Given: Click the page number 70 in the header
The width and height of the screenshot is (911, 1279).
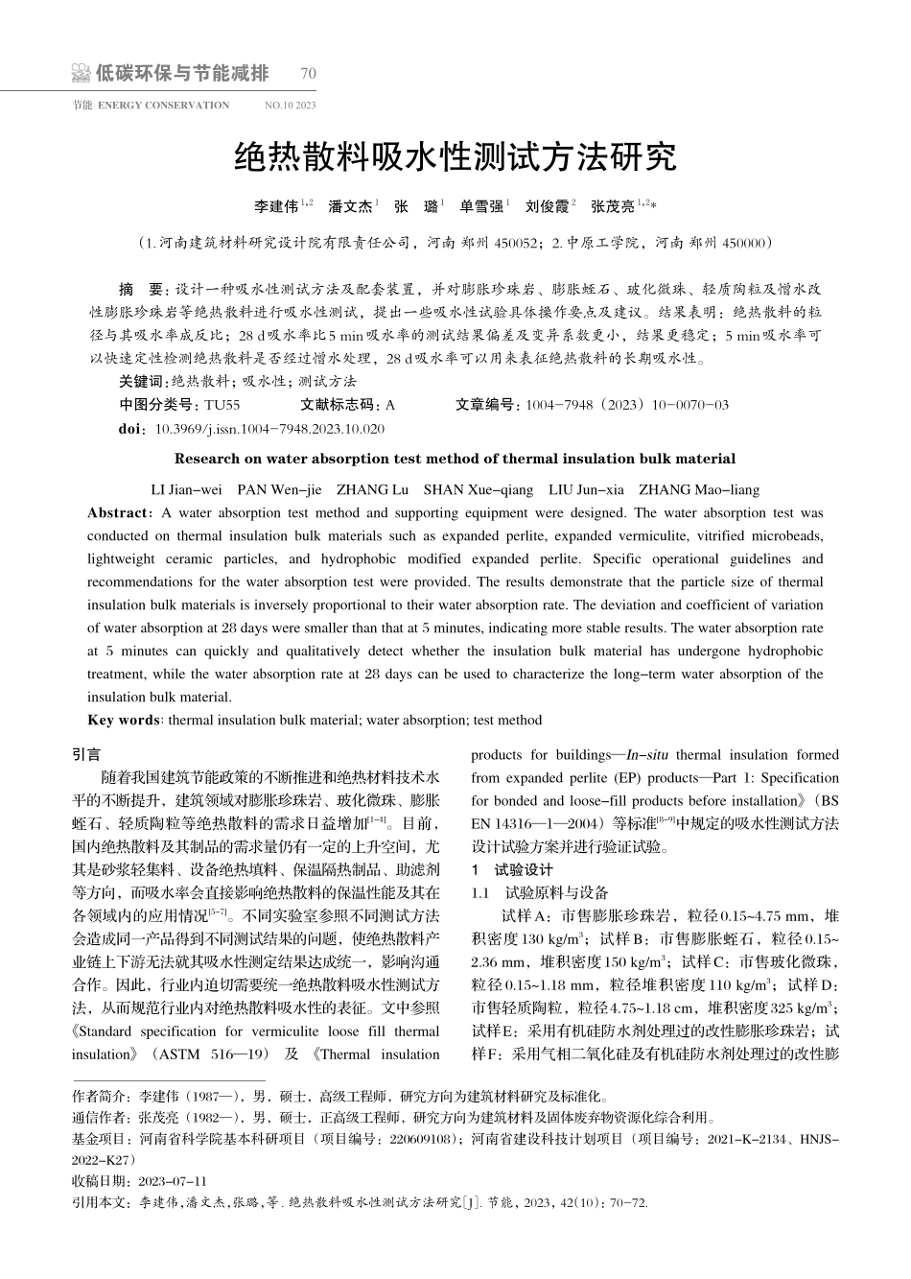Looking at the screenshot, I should point(308,74).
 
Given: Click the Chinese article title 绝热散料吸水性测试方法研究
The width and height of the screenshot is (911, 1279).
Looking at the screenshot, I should point(455,156).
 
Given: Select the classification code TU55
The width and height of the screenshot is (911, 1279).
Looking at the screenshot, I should point(222,405).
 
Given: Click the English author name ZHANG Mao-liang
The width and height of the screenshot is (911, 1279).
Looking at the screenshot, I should point(698,489).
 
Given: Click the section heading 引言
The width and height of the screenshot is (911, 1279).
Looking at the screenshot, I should point(86,755).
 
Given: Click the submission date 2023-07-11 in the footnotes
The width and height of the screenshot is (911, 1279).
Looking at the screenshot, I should point(173,1180).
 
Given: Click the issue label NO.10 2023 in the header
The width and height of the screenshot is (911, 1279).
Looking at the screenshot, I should point(290,106).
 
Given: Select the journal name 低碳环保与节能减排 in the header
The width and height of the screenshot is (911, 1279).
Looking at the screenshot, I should point(182,74).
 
